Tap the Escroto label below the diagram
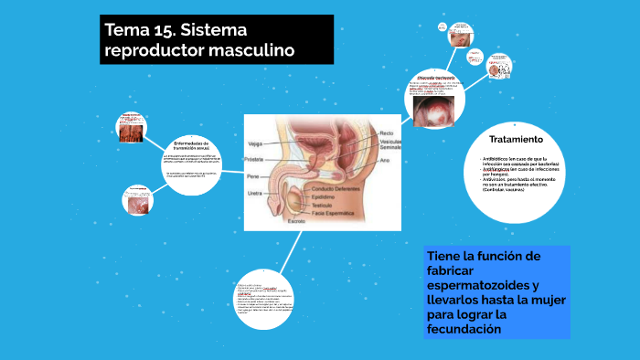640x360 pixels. coord(297,221)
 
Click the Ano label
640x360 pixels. coord(385,160)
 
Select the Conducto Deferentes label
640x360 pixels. coord(332,188)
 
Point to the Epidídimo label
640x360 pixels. coord(323,196)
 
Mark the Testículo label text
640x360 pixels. coord(320,205)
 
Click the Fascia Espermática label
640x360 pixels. coord(331,213)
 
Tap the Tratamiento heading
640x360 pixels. coord(516,139)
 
